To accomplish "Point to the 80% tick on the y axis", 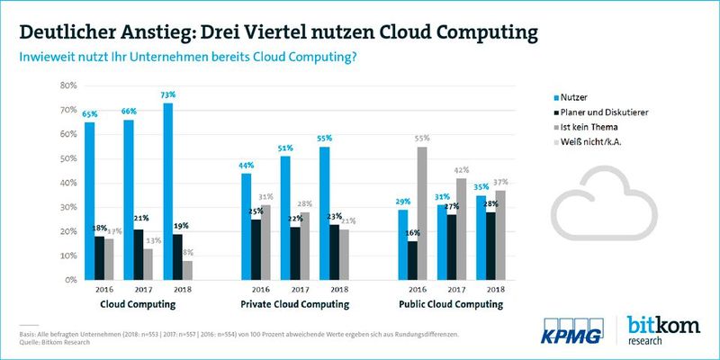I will pos(67,85).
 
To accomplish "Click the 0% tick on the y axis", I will pos(70,280).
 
